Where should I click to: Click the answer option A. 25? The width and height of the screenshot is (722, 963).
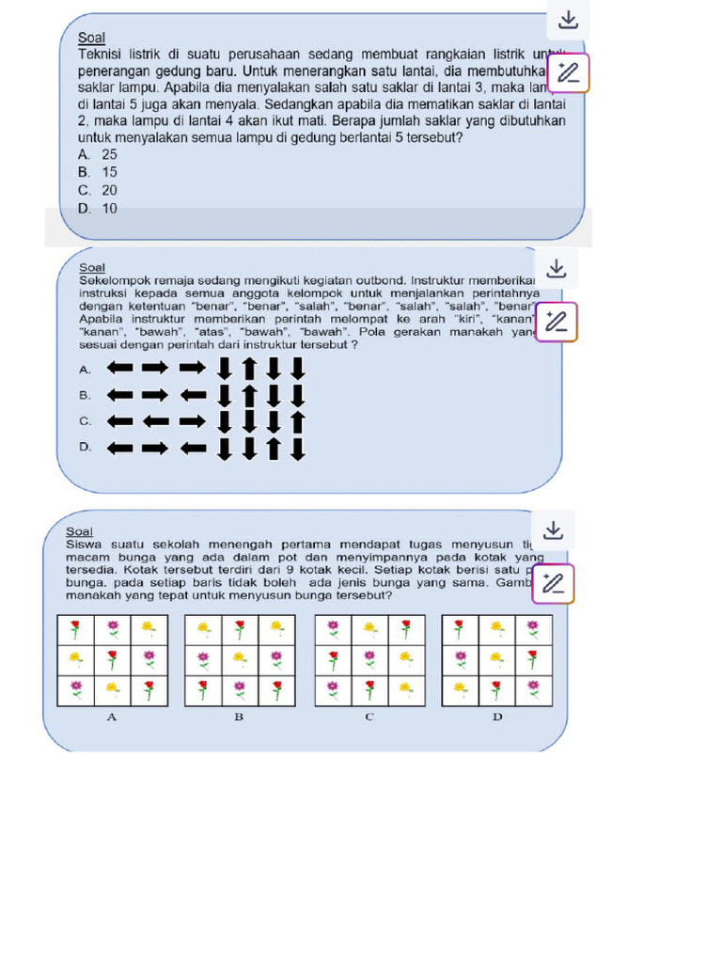(x=98, y=154)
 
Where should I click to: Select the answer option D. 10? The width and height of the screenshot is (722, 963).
(x=98, y=209)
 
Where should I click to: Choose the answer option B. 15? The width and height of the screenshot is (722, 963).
(x=98, y=172)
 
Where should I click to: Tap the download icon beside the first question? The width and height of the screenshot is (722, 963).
(x=568, y=20)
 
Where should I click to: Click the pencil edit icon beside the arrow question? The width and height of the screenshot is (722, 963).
(x=557, y=322)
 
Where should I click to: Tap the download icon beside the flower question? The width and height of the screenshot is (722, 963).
(x=554, y=530)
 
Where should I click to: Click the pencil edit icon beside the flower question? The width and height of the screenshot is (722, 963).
(x=554, y=583)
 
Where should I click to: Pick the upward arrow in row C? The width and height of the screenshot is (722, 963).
(x=298, y=420)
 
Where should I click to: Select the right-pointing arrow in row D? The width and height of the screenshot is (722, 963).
(x=155, y=448)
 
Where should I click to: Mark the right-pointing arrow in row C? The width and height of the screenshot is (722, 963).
(x=193, y=420)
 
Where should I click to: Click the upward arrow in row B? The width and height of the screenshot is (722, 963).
(x=249, y=394)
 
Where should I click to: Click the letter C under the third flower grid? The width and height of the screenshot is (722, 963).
(x=369, y=718)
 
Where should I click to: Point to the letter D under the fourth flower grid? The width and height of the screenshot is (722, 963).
(x=497, y=718)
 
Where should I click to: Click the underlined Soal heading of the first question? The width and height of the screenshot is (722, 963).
(x=91, y=38)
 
